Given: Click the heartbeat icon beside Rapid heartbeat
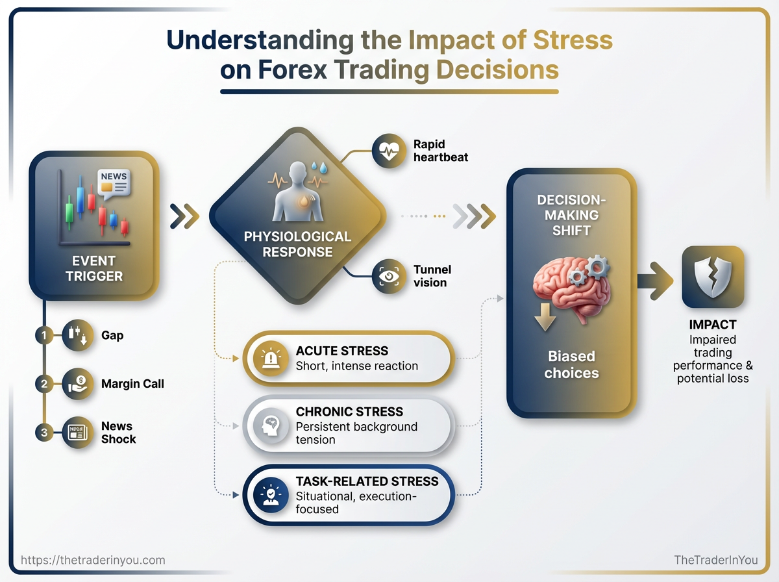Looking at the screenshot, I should click(388, 152).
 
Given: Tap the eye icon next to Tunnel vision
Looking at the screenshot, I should click(388, 276).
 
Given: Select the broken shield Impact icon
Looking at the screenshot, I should click(712, 277).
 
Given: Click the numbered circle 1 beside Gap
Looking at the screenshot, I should click(43, 335).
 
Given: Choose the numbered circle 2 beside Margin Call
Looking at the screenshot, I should click(43, 384).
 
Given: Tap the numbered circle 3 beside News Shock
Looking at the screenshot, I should click(43, 433).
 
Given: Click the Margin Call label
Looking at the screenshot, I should click(132, 384).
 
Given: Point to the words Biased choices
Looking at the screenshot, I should click(571, 364).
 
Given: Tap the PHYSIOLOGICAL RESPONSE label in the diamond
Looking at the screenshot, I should click(297, 244).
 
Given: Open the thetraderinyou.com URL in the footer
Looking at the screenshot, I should click(93, 560).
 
